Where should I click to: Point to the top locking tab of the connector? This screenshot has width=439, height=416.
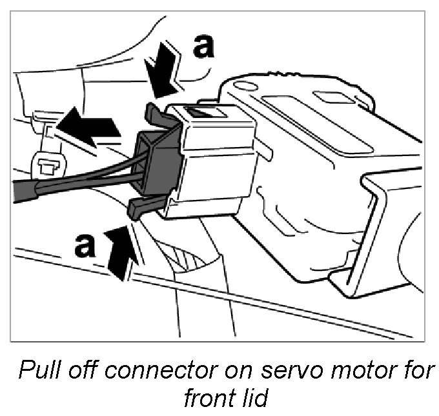pyautogui.click(x=156, y=113)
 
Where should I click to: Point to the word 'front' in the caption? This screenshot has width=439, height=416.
pyautogui.click(x=209, y=398)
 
